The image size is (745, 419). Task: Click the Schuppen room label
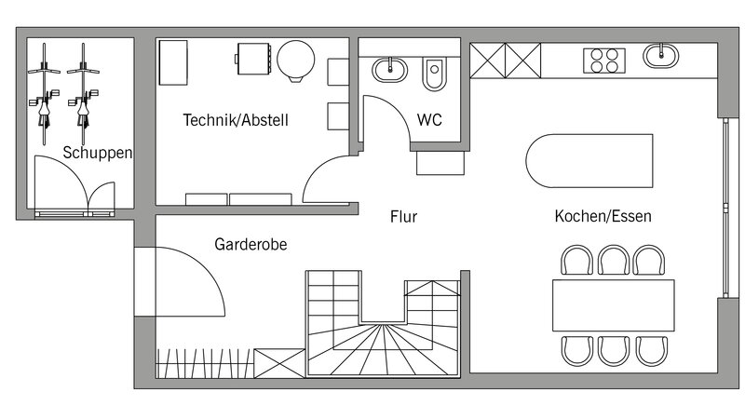98,153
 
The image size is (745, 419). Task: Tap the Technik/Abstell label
236,120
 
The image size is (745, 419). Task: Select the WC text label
429,120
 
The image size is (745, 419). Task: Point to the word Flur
404,217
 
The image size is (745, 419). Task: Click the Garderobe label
251,244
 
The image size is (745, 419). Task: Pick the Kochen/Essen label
603,216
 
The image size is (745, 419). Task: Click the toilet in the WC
434,74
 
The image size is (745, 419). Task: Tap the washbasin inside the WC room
389,70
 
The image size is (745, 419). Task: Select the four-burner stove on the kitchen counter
604,61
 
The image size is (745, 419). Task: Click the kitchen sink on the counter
661,56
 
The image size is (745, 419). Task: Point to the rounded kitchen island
589,160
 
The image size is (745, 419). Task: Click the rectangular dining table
614,305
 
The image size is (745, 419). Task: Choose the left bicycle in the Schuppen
44,94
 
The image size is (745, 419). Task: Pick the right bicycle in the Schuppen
83,94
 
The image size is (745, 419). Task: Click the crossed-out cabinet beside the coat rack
279,363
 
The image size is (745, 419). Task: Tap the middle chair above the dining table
614,260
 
